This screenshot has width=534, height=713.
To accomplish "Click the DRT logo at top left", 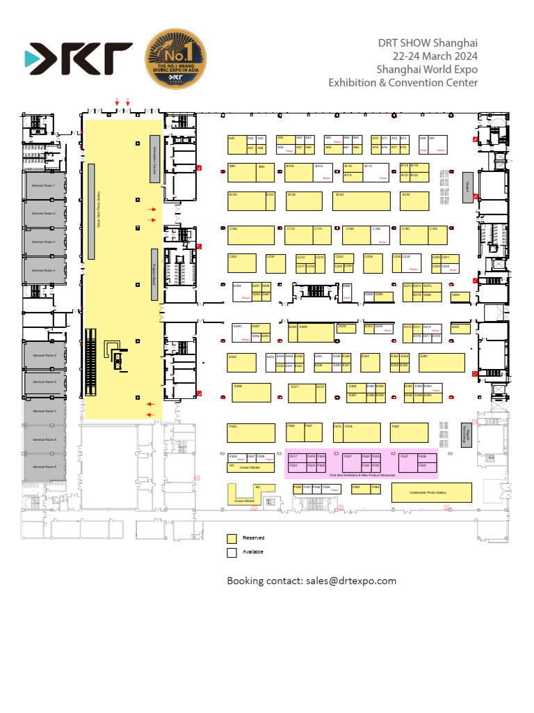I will click(x=78, y=59).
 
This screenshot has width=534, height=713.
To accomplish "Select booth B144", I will click(x=362, y=201).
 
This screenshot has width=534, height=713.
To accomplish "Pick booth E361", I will click(x=442, y=362).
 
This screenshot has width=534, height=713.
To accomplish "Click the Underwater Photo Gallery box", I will click(x=431, y=492).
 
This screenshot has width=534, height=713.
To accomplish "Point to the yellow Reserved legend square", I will click(x=232, y=538).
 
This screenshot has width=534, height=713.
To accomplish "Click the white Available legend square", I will click(x=232, y=552).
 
